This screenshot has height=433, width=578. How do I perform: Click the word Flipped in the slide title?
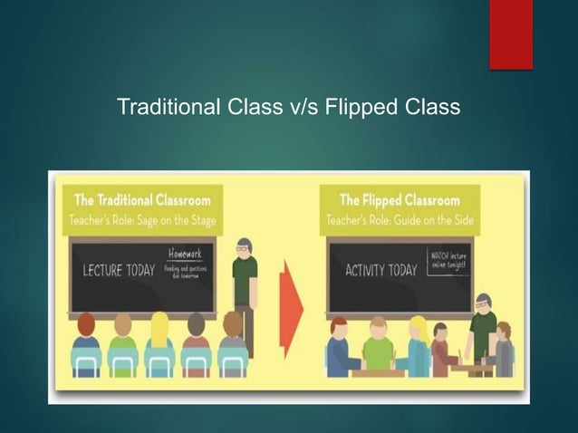point(363,108)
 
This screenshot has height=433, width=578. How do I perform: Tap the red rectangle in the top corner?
point(510,34)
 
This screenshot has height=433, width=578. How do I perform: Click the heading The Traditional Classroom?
point(142,200)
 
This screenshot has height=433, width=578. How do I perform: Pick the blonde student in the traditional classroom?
point(159,344)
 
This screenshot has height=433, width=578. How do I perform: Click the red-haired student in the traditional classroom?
point(86,344)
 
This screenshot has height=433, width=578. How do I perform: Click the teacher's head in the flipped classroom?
point(483,305)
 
